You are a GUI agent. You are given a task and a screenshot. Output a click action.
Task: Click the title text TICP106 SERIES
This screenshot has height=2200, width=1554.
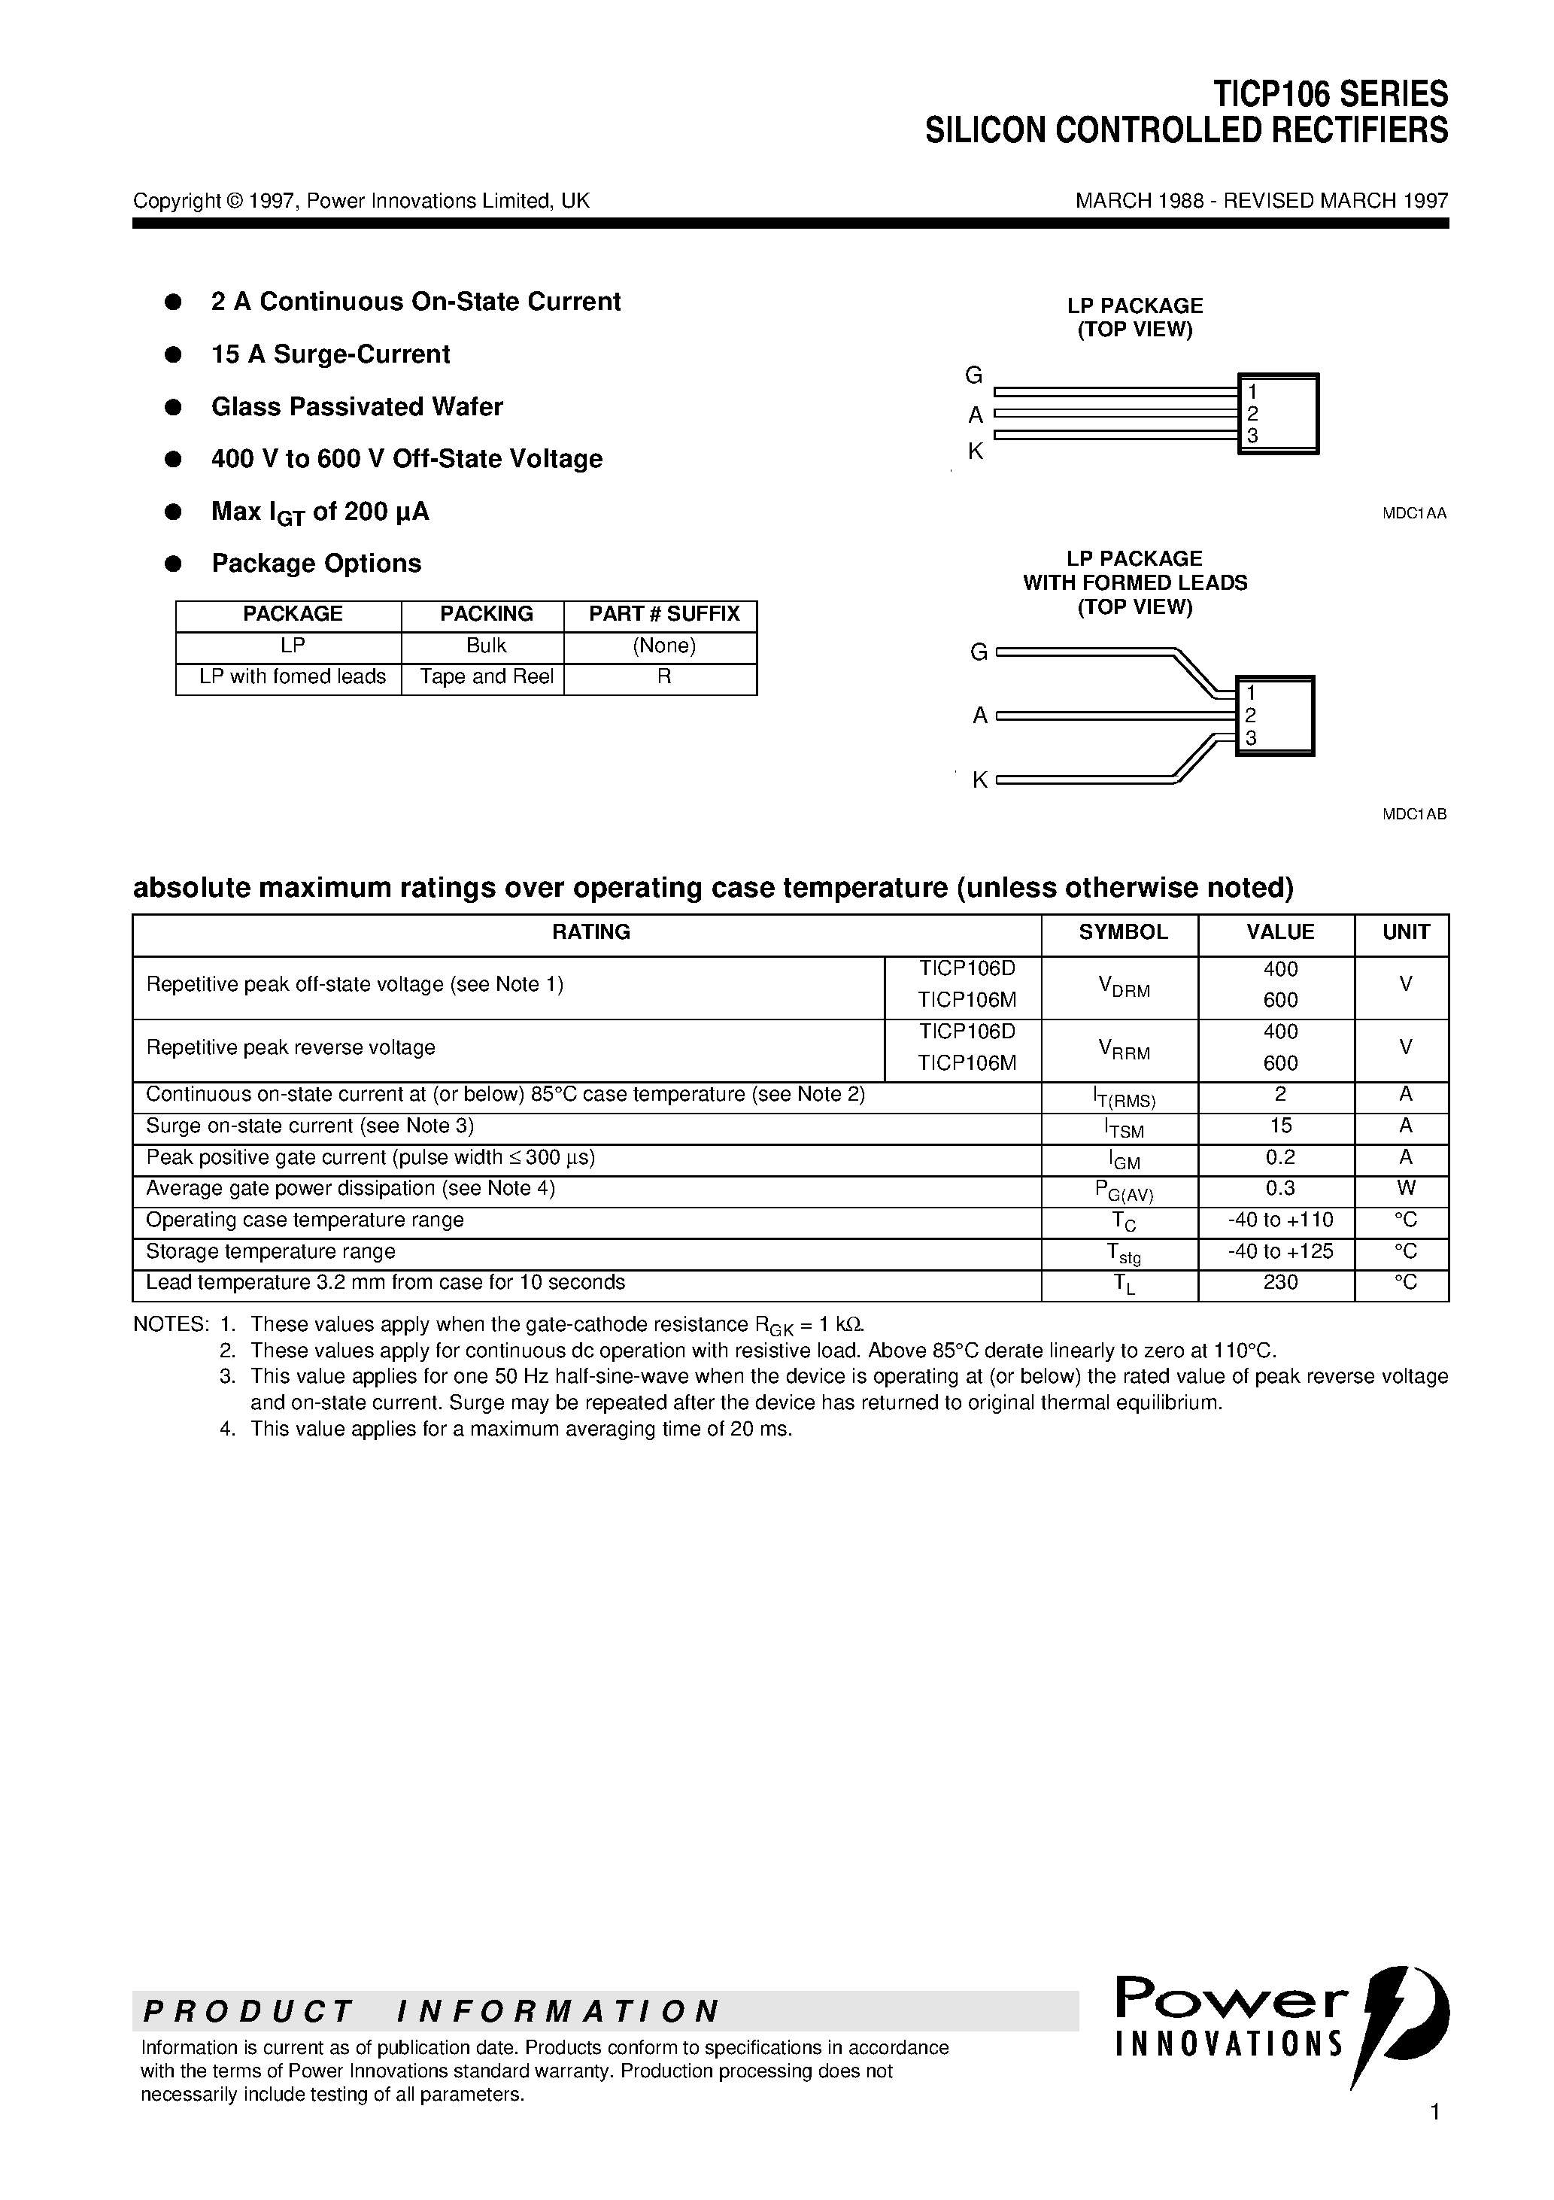tap(1330, 94)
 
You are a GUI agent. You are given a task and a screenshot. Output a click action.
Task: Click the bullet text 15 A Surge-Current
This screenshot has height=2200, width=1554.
tap(330, 354)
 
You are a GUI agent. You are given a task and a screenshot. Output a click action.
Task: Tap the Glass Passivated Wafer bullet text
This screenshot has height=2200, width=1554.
tap(357, 407)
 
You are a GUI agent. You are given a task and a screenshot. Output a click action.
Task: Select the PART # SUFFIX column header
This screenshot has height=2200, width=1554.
tap(664, 614)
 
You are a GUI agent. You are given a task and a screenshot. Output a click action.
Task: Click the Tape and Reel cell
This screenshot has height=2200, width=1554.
tap(487, 676)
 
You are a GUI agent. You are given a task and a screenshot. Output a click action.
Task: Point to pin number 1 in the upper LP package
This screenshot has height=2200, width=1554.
tap(1252, 392)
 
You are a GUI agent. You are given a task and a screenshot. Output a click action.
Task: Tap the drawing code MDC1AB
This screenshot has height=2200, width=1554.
tap(1413, 814)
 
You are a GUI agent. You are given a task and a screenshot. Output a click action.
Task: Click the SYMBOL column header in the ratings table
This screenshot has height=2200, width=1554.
tap(1123, 932)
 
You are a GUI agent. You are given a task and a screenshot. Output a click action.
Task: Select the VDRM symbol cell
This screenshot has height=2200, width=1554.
tap(1123, 988)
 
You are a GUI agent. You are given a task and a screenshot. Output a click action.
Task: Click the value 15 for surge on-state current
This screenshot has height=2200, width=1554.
tap(1280, 1126)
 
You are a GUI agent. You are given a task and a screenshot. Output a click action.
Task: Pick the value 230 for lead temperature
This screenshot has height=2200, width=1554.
tap(1280, 1282)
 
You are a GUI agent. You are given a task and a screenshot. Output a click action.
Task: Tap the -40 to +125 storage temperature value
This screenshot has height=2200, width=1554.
tap(1280, 1251)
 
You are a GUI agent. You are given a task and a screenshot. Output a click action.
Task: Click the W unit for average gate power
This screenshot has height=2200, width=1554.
tap(1406, 1188)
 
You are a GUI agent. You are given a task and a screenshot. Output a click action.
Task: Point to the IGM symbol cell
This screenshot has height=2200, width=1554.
tap(1123, 1159)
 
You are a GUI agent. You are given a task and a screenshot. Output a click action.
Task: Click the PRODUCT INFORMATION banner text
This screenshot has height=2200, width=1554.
tap(431, 2010)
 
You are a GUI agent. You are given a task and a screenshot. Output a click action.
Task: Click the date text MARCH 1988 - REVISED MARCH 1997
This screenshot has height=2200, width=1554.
tap(1261, 201)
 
